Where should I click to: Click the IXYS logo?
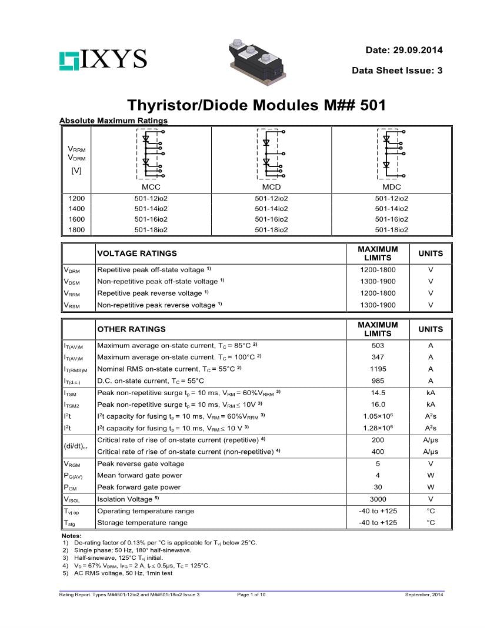[x=102, y=59]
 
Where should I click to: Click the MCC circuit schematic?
[x=151, y=154]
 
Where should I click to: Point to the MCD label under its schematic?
[x=271, y=187]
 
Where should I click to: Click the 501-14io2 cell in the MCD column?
[x=271, y=209]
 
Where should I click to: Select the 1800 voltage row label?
[x=76, y=230]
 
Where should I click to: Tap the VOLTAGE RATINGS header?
[x=136, y=253]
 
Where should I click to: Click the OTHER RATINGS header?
[x=131, y=329]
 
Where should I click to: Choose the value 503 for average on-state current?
[x=378, y=346]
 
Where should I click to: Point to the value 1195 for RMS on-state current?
[x=378, y=369]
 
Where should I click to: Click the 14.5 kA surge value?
[x=378, y=393]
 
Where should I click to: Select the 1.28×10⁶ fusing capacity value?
[x=378, y=428]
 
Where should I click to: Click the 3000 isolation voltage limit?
[x=378, y=499]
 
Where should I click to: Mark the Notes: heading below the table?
[x=72, y=536]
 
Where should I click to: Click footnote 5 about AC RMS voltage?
[x=121, y=573]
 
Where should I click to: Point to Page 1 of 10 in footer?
[x=251, y=595]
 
